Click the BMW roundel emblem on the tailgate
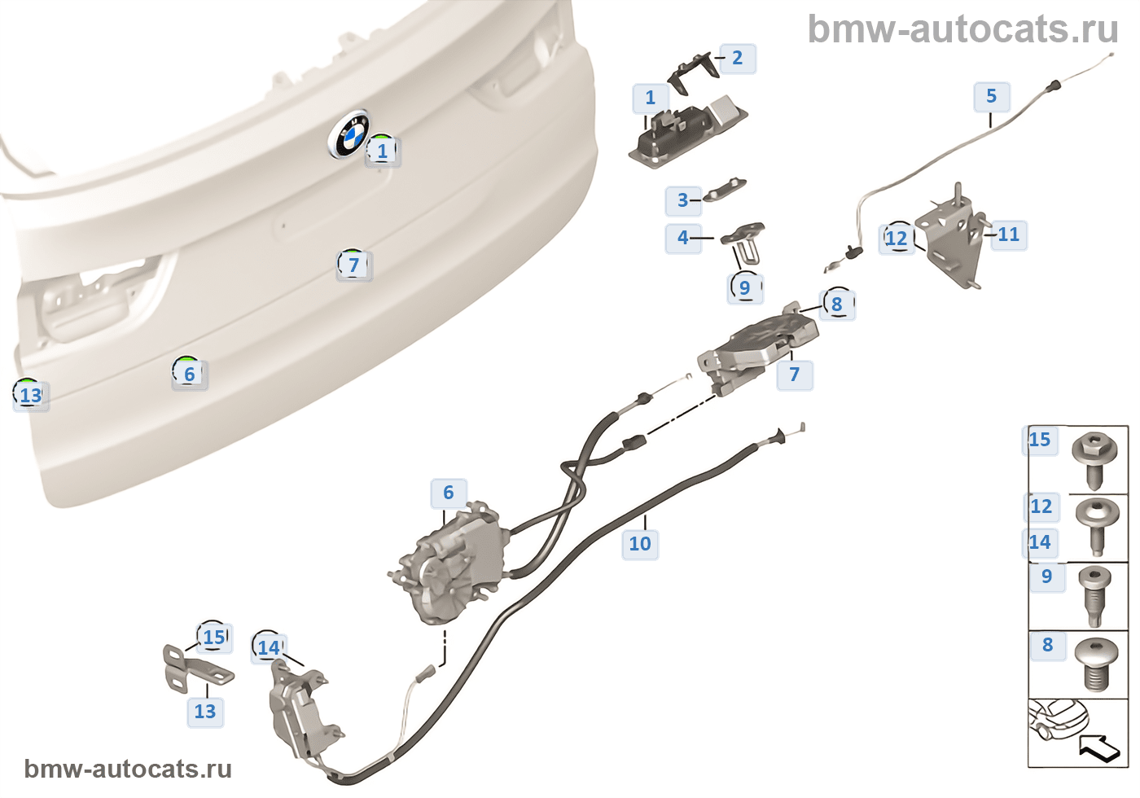tap(349, 135)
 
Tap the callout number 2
tap(737, 58)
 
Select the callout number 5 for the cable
tap(991, 96)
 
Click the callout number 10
tap(640, 543)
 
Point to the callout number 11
tap(1008, 235)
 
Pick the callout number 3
tap(682, 200)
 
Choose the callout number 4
tap(682, 238)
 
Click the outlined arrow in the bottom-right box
tap(1098, 746)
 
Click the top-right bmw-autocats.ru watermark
tap(962, 29)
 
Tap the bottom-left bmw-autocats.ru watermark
tap(128, 769)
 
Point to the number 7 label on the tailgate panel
tap(353, 265)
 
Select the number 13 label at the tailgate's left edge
tap(30, 396)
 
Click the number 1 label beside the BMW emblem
tap(382, 151)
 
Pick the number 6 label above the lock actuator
tap(448, 493)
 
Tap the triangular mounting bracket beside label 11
tap(951, 236)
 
